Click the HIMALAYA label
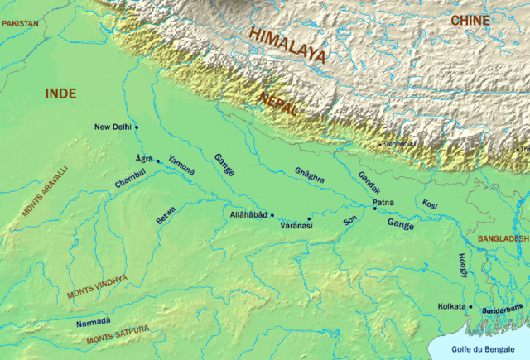coord(286,46)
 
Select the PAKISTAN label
coord(20,25)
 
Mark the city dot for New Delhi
coord(137,127)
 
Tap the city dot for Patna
coord(374,209)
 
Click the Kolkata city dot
coord(470,307)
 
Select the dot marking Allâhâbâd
coord(272,214)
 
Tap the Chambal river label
coord(129,176)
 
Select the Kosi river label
coord(429,203)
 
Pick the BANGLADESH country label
coord(503,238)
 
